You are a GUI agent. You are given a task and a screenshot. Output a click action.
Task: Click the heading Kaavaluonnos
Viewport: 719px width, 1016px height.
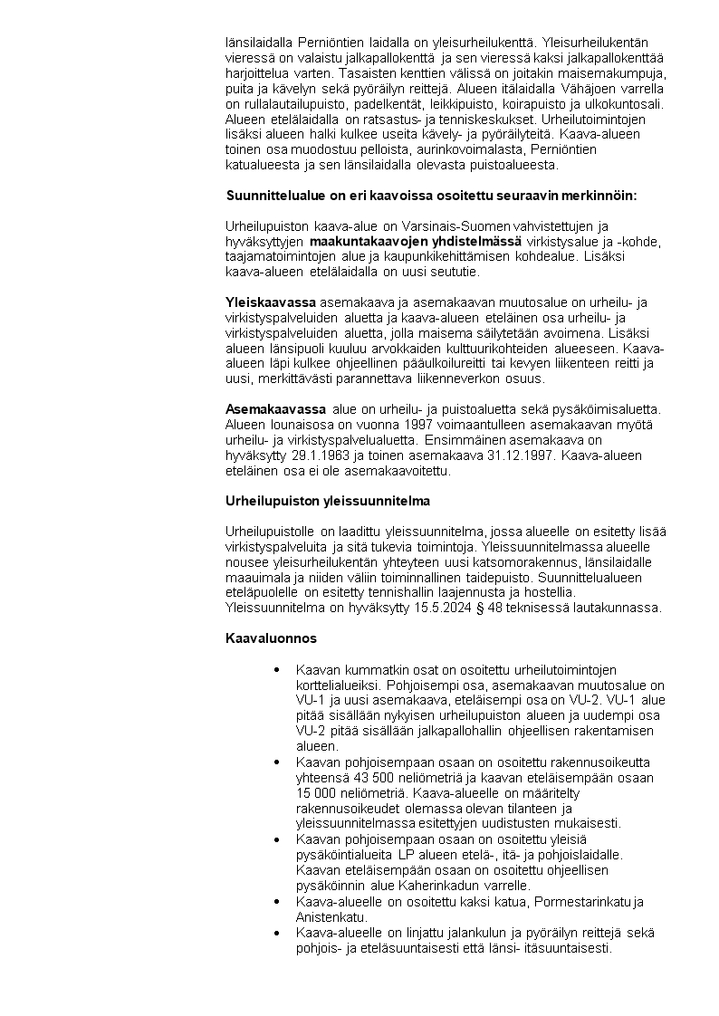click(x=271, y=638)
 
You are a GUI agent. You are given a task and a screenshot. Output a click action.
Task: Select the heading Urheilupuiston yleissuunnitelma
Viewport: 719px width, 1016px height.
click(x=327, y=500)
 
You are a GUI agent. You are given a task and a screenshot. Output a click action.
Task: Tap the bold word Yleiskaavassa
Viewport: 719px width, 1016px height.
click(x=271, y=302)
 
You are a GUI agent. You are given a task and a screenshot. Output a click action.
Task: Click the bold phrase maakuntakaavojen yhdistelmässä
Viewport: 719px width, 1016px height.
click(x=415, y=241)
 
